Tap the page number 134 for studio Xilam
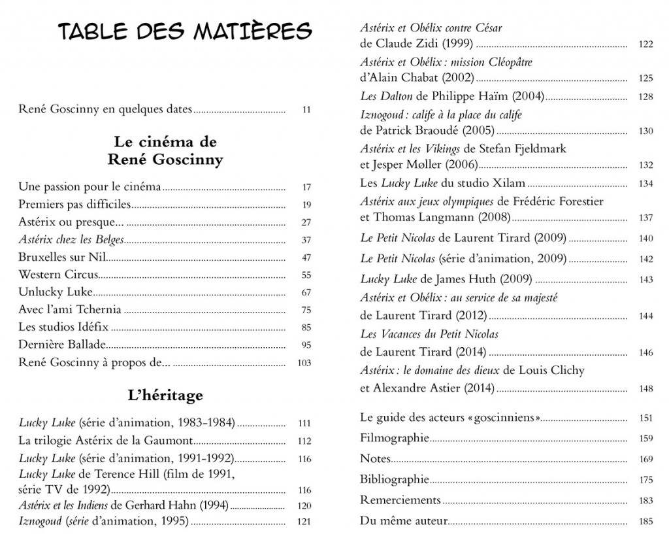click(645, 184)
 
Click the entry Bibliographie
click(395, 479)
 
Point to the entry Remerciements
click(400, 500)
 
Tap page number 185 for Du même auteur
click(645, 522)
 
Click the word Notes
click(375, 458)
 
